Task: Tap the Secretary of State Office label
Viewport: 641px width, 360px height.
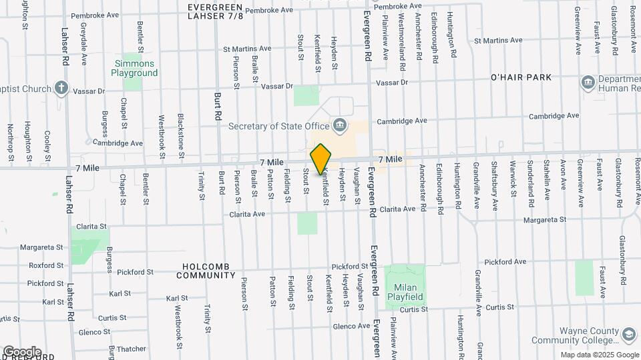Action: (x=278, y=126)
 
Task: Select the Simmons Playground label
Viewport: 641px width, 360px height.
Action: (x=134, y=68)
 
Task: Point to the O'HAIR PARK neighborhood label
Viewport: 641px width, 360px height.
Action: (x=521, y=77)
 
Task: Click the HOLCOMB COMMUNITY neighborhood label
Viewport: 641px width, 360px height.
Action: (x=207, y=270)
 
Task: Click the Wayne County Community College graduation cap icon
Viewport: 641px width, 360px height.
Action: (x=628, y=334)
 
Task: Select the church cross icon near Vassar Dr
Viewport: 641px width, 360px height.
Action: (x=61, y=87)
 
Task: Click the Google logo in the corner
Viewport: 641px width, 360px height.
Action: (x=21, y=352)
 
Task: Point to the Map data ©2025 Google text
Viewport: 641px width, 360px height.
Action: (x=599, y=355)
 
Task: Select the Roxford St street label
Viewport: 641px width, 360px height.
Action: (x=46, y=265)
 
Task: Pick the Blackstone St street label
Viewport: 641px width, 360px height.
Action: (x=181, y=130)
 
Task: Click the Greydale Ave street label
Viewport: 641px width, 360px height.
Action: (x=84, y=46)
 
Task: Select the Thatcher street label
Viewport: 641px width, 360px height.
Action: (x=132, y=349)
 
